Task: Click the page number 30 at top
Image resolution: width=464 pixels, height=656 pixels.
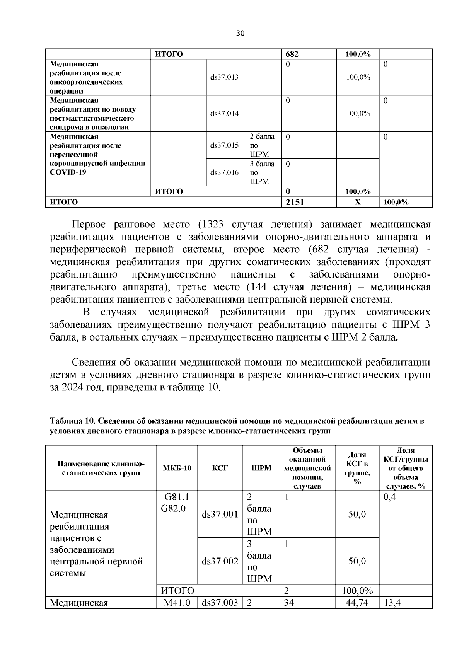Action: coord(240,33)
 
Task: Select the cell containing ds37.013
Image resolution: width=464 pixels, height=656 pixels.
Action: coord(224,77)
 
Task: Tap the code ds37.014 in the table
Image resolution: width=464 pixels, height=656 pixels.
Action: coord(224,114)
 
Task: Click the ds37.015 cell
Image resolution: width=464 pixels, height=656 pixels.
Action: coord(224,146)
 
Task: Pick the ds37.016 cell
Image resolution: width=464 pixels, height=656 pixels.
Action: coord(224,172)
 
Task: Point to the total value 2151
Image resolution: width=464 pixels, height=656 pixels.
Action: coord(295,202)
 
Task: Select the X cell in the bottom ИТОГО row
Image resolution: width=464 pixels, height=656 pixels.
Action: coord(358,202)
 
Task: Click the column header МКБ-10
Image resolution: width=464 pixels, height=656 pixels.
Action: coord(177,468)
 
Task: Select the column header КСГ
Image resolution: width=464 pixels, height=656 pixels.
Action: coord(220,468)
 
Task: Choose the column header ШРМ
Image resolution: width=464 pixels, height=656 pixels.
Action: coord(261,468)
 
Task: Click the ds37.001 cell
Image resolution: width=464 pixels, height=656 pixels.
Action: coord(220,515)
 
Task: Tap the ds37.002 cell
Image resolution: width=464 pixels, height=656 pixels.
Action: coord(220,561)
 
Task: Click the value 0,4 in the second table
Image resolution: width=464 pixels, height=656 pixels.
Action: coord(389,497)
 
